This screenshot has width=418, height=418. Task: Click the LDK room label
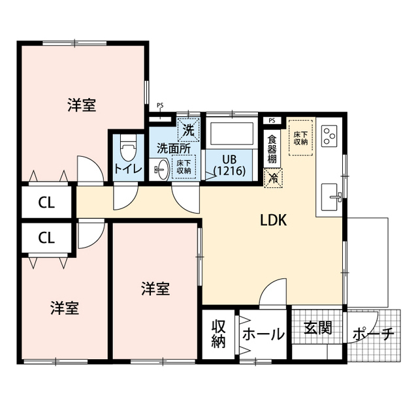tap(274, 221)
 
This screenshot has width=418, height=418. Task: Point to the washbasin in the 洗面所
tap(161, 169)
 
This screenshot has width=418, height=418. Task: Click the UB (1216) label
tap(230, 165)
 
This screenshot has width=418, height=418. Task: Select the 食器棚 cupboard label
tap(272, 150)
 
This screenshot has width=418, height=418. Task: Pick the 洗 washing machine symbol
tap(188, 130)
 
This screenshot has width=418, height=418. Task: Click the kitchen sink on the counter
tap(331, 194)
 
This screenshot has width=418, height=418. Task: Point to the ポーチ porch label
tap(373, 335)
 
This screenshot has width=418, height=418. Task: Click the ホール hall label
tap(263, 334)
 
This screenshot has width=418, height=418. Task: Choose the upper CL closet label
tap(46, 202)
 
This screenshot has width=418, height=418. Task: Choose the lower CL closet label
tap(46, 238)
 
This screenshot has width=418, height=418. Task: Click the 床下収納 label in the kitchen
tap(301, 138)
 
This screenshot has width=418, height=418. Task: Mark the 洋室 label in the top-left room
tap(82, 105)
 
